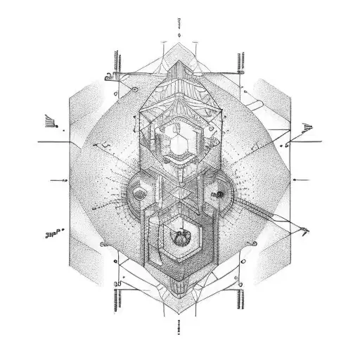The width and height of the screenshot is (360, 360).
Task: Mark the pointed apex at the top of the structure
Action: pos(181,44)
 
